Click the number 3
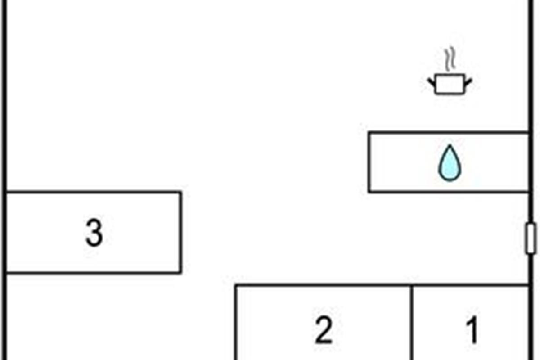point(94,234)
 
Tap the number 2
point(324,331)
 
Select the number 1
point(472,331)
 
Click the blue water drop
point(450,164)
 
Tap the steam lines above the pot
point(450,61)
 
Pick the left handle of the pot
point(431,82)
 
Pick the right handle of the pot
point(468,82)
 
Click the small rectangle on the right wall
point(531,238)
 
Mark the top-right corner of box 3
point(181,193)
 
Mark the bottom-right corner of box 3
point(181,272)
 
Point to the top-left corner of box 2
point(236,285)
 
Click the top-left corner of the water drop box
point(369,133)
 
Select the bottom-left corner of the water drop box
point(369,192)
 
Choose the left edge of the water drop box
point(369,162)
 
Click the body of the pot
point(450,85)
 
